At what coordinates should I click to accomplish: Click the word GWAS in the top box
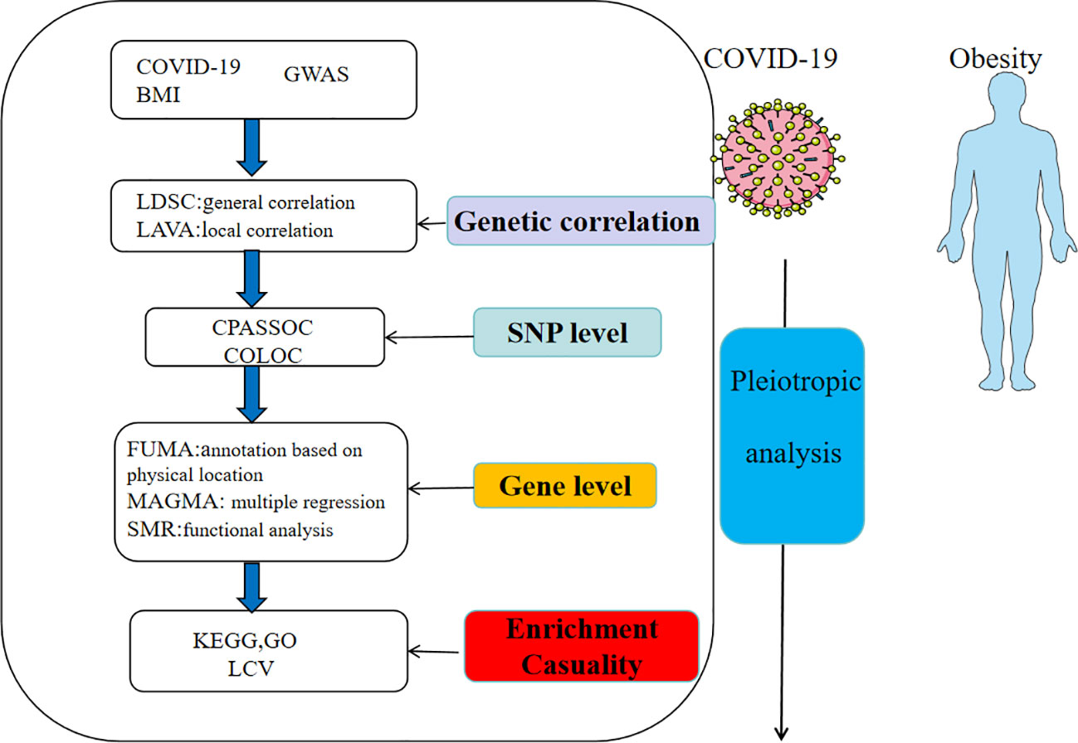[316, 74]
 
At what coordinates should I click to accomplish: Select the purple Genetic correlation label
[581, 221]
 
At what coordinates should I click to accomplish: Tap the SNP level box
[568, 333]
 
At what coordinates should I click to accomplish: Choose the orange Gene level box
[565, 485]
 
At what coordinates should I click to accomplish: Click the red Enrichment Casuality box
[582, 646]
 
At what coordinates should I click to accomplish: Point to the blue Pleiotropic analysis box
[793, 435]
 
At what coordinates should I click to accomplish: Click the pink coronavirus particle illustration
[778, 158]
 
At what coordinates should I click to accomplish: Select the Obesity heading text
[995, 60]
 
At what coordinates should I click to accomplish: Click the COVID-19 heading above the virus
[770, 58]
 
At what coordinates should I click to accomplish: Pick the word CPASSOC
[262, 328]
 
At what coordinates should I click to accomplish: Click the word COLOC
[263, 356]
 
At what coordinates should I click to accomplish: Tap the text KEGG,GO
[245, 641]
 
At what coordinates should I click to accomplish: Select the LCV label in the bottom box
[251, 669]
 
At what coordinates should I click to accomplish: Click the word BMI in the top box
[158, 95]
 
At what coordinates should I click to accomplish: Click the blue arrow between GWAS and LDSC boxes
[251, 147]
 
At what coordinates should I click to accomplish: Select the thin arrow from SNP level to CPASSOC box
[429, 338]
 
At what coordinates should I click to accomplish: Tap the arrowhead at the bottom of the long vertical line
[781, 734]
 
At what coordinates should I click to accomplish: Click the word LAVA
[167, 231]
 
